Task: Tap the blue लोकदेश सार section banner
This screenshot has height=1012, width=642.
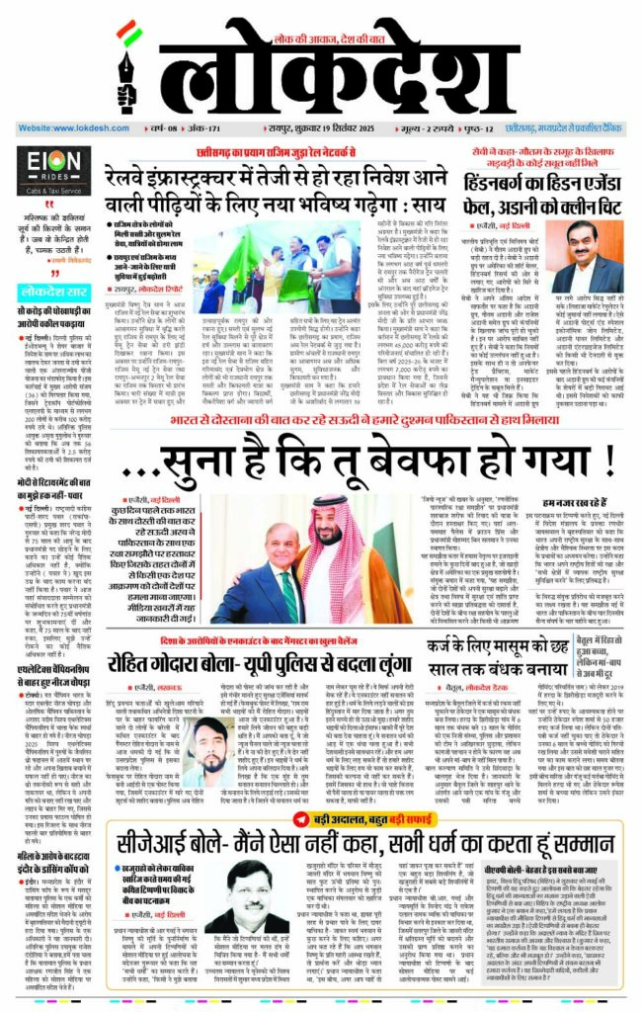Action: coord(55,291)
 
